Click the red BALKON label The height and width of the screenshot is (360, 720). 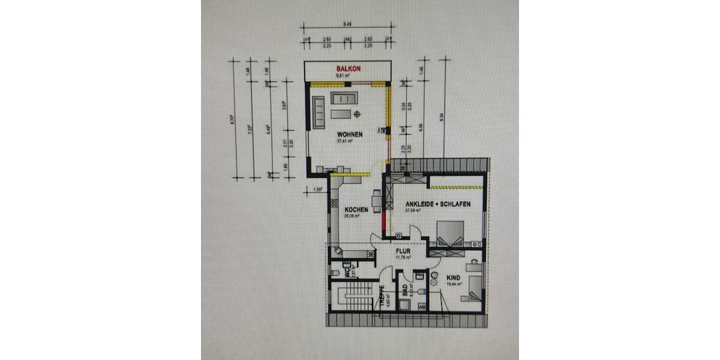pyautogui.click(x=348, y=69)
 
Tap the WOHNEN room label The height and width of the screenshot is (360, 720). pyautogui.click(x=349, y=134)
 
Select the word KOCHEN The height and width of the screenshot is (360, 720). pyautogui.click(x=356, y=209)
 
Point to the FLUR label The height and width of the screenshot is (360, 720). pyautogui.click(x=403, y=251)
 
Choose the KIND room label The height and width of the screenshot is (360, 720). pyautogui.click(x=454, y=278)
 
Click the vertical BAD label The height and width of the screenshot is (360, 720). pyautogui.click(x=406, y=291)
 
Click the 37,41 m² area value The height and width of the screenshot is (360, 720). pyautogui.click(x=347, y=142)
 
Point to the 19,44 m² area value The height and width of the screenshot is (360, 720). pyautogui.click(x=454, y=284)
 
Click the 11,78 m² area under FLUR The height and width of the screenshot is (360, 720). pyautogui.click(x=403, y=257)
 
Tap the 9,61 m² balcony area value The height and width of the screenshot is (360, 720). pyautogui.click(x=343, y=76)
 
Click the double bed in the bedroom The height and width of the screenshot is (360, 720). pyautogui.click(x=449, y=230)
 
